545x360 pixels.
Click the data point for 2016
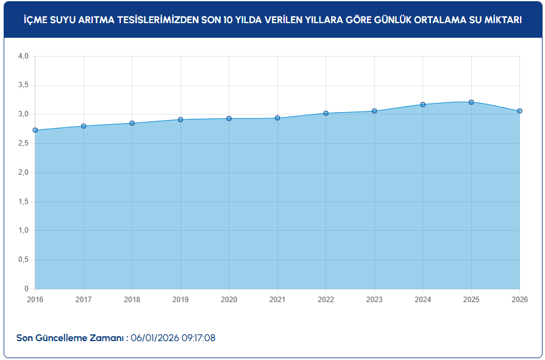click(35, 130)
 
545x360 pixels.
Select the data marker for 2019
click(180, 119)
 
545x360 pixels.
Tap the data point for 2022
click(326, 113)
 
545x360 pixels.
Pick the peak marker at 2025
click(471, 102)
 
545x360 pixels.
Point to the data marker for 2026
click(519, 111)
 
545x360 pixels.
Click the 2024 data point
click(422, 104)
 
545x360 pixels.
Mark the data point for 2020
click(229, 118)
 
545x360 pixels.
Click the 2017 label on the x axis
click(84, 300)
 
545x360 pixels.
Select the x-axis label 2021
click(277, 300)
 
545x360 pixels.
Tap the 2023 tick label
click(374, 300)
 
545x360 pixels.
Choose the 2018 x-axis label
click(132, 300)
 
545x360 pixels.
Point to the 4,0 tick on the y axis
click(24, 56)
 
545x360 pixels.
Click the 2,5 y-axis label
click(24, 143)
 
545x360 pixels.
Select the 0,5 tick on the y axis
click(24, 259)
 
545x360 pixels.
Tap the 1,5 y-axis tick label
click(24, 202)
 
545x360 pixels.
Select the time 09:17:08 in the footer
click(196, 338)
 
